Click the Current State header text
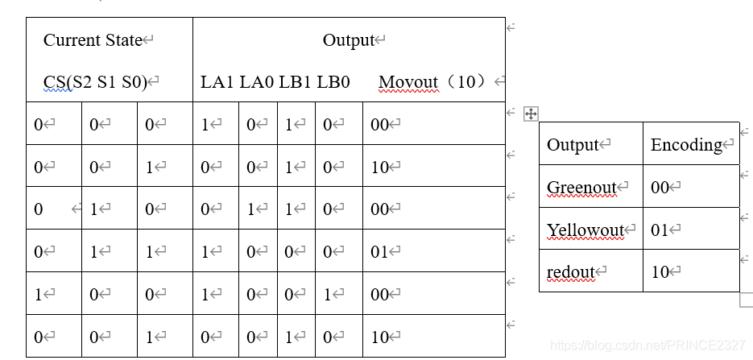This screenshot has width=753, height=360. (x=93, y=40)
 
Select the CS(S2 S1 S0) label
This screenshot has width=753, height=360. (x=96, y=82)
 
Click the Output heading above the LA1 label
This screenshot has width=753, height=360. (x=349, y=40)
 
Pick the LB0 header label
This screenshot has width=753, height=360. (x=333, y=82)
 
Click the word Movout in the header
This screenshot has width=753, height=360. (x=408, y=82)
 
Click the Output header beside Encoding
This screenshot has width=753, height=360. (x=573, y=145)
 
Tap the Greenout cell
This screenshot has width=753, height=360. (x=581, y=188)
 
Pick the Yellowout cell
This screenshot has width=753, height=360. (x=585, y=230)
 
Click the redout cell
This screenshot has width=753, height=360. (x=570, y=272)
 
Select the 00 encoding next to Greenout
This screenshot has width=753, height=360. (x=660, y=188)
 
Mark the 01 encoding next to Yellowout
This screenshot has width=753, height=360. (x=660, y=230)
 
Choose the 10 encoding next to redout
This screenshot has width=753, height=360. (x=660, y=272)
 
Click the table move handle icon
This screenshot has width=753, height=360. (x=531, y=114)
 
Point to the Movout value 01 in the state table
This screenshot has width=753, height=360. (x=380, y=252)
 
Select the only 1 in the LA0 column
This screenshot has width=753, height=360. (x=250, y=209)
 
